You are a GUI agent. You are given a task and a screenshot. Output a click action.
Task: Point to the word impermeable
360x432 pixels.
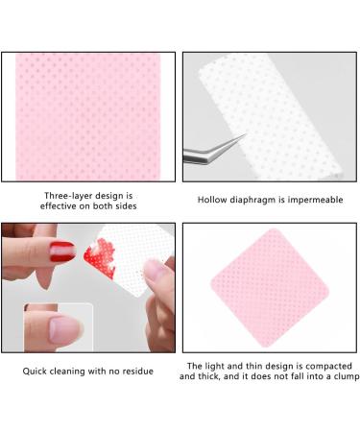(x=321, y=201)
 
